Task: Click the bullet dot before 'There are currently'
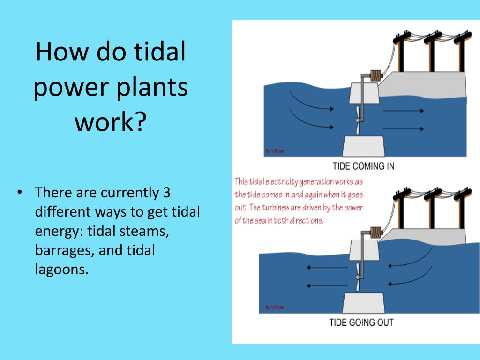(x=20, y=193)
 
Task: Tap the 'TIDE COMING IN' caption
(x=363, y=166)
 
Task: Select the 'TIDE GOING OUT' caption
(x=361, y=322)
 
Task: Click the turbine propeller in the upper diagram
(x=357, y=120)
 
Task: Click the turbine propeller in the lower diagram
(x=358, y=277)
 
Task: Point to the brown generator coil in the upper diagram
(x=376, y=75)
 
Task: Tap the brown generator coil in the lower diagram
(x=376, y=232)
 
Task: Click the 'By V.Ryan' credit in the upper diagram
(x=275, y=151)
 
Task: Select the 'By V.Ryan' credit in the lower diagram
(x=275, y=307)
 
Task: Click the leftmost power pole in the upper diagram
(x=401, y=52)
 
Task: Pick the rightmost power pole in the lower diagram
(x=463, y=208)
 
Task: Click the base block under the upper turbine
(x=363, y=146)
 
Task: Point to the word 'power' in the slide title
(x=71, y=87)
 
